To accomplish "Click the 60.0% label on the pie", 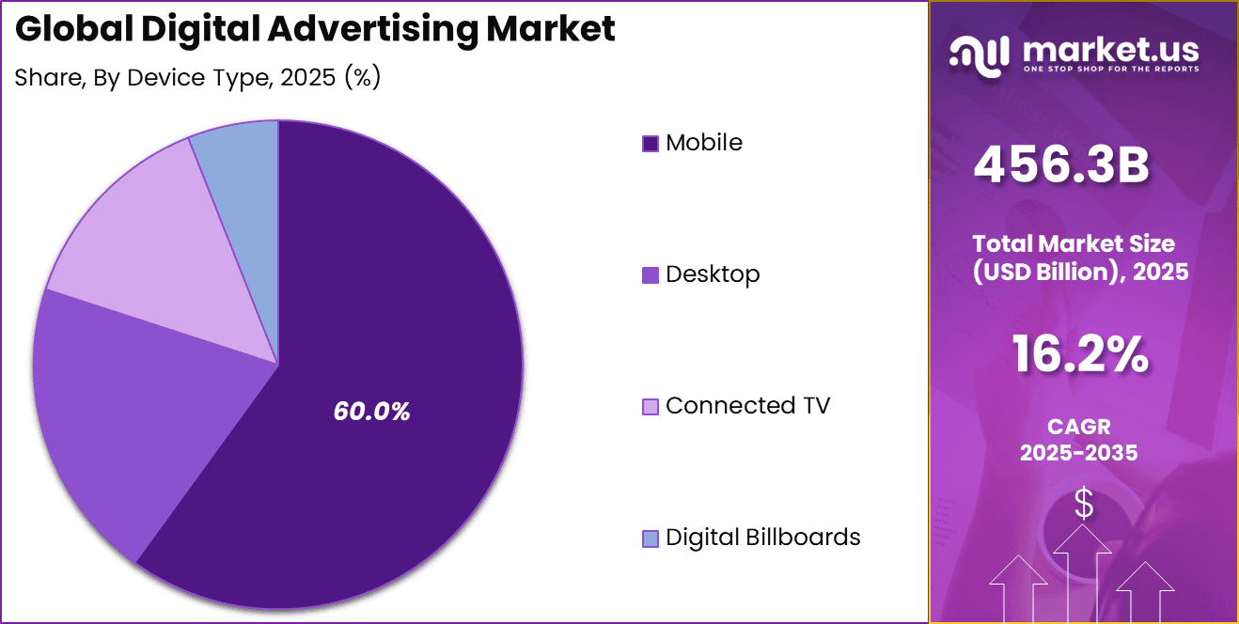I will (371, 412).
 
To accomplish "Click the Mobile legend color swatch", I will (651, 144).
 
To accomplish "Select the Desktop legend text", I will (713, 274).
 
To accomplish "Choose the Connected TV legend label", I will (747, 406).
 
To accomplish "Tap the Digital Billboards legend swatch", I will (651, 538).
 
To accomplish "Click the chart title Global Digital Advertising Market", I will (315, 29).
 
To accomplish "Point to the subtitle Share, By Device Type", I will (197, 78).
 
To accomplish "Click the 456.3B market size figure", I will (1061, 165).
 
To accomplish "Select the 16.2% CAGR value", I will (1080, 355).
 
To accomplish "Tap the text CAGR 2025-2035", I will (1079, 440).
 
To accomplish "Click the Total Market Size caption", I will (1080, 257).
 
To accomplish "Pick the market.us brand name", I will (1109, 48).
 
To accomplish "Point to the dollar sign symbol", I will (1084, 505).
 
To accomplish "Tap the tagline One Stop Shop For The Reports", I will (1109, 70).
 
